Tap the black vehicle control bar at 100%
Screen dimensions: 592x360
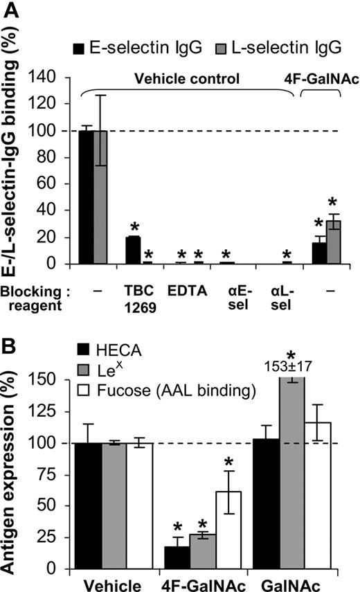tap(86, 197)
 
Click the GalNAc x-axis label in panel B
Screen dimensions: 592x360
tap(298, 582)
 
